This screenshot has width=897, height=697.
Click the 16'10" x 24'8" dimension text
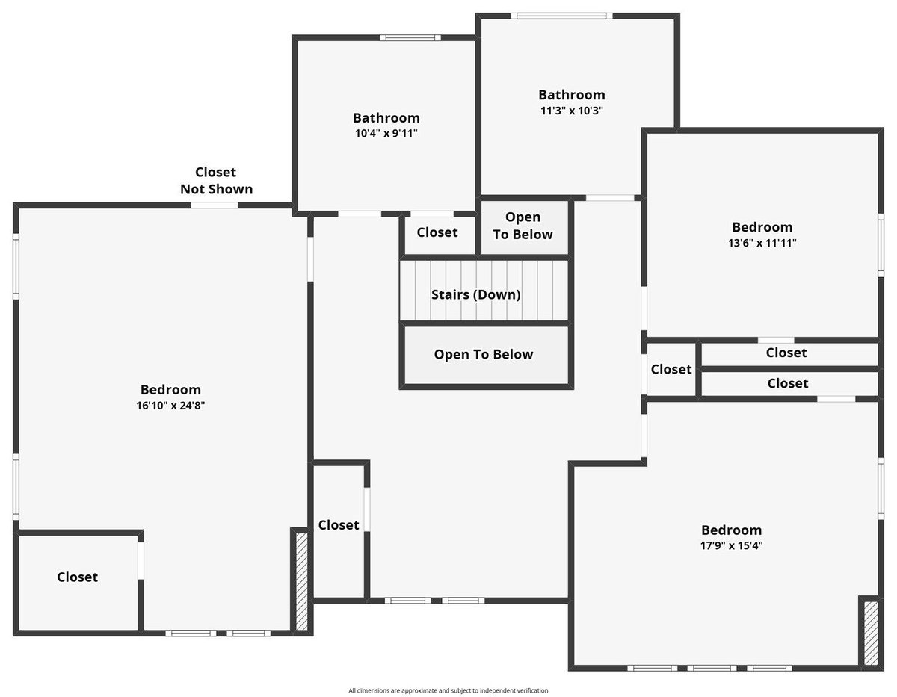click(x=170, y=406)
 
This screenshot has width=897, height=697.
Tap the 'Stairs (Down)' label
click(x=475, y=294)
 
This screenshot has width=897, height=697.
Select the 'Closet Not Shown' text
click(x=216, y=180)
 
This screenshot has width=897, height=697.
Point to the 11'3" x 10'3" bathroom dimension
click(x=572, y=111)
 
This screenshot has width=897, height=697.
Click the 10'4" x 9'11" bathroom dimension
click(x=386, y=133)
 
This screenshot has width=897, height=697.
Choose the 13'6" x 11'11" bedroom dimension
click(x=762, y=243)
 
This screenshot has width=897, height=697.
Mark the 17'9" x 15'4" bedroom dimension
click(x=731, y=545)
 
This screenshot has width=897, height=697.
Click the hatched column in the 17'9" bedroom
click(x=871, y=634)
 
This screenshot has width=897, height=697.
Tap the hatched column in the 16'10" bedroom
click(x=302, y=581)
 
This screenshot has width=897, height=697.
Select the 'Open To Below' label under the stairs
click(x=484, y=354)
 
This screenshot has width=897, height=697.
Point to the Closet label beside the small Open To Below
click(x=437, y=232)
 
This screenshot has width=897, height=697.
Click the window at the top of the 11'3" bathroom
click(x=561, y=16)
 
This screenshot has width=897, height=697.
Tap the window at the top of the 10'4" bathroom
click(x=410, y=37)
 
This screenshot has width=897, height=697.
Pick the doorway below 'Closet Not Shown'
click(x=215, y=205)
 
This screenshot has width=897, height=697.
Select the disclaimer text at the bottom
click(x=449, y=690)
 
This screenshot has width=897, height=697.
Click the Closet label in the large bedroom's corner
click(x=77, y=577)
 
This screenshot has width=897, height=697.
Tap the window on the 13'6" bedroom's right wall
click(x=881, y=245)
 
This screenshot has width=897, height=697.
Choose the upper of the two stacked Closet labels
click(x=786, y=353)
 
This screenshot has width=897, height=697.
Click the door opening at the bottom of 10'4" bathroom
click(x=360, y=214)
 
